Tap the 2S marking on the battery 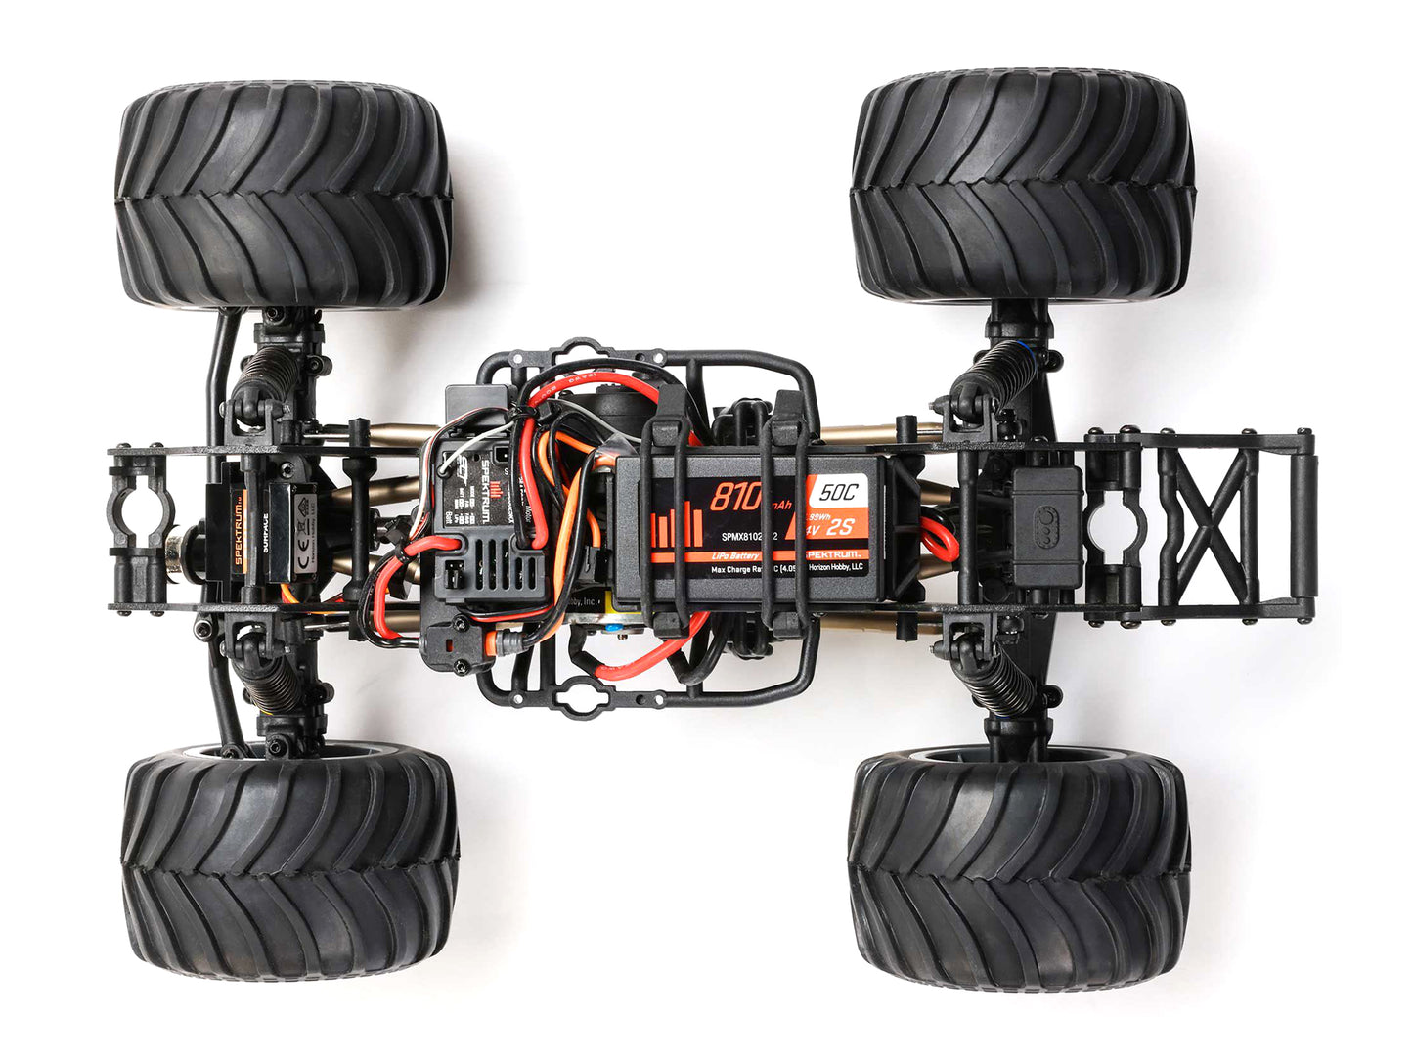840,529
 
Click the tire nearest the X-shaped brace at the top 1023,186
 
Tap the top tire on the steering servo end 284,196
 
